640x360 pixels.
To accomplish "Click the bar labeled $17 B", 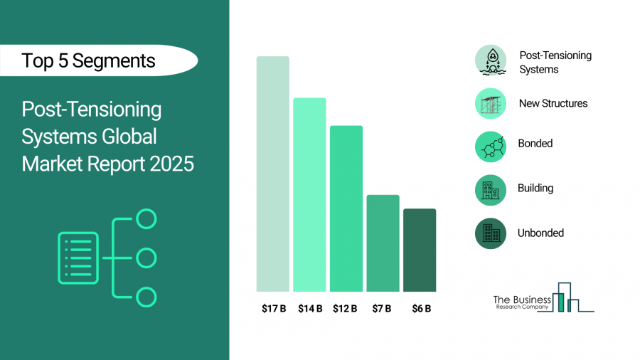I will [273, 174].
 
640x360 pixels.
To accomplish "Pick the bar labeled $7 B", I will [383, 243].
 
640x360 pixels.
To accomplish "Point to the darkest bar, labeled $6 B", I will [420, 250].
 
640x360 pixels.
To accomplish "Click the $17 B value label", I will [273, 309].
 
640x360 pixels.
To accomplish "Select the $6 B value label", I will [420, 309].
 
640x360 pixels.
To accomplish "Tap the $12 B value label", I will [346, 309].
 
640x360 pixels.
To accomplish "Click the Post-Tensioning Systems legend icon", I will [491, 61].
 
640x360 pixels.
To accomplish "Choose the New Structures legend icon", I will [491, 103].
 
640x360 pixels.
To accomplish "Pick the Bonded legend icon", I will [491, 147].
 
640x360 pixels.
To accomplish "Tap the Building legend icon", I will [491, 190].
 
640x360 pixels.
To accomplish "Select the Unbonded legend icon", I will [491, 233].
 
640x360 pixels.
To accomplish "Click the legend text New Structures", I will [553, 103].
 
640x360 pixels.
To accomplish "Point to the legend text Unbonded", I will [541, 233].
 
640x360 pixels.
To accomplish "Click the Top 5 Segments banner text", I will [88, 60].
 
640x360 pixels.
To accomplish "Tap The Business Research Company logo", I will [543, 299].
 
